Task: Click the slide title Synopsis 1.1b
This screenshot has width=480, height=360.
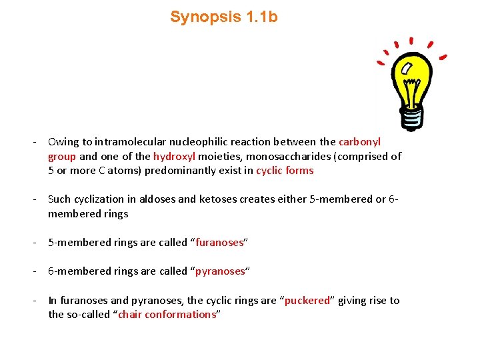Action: coord(223,17)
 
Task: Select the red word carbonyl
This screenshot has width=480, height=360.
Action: coord(359,142)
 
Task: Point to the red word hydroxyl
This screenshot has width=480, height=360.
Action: coord(173,156)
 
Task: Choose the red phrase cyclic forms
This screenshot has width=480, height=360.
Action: coord(285,171)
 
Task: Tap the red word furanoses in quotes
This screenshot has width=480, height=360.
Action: coord(221,243)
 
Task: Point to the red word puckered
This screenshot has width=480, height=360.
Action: coord(307,301)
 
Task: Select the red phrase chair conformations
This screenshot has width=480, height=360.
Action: coord(167,315)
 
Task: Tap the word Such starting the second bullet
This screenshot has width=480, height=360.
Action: coord(59,199)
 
